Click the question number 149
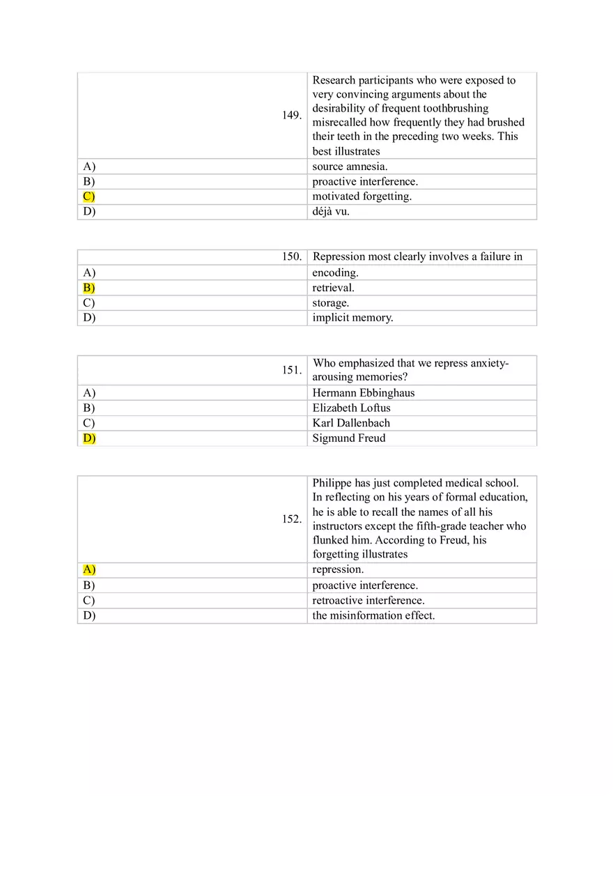click(292, 116)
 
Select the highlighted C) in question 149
click(88, 197)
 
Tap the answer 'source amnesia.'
click(350, 167)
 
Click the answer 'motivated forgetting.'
click(362, 197)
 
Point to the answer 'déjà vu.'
click(331, 212)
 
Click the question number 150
click(292, 257)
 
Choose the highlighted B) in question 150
click(88, 288)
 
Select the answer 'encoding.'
click(335, 273)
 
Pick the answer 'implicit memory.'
click(352, 318)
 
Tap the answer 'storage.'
click(331, 303)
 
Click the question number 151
click(292, 371)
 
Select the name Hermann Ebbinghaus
click(364, 393)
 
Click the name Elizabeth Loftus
click(352, 408)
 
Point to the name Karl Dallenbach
click(351, 423)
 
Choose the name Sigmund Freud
click(349, 438)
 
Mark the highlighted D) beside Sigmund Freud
click(88, 438)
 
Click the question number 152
click(292, 519)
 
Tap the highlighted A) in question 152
click(88, 570)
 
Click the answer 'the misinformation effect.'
click(373, 616)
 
